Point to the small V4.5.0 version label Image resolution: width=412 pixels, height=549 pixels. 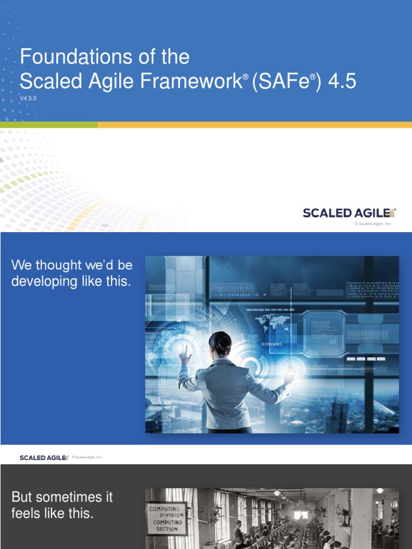tap(28, 99)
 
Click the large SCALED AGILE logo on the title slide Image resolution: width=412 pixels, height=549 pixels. tap(349, 213)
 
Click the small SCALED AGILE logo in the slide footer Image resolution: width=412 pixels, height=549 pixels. tap(44, 457)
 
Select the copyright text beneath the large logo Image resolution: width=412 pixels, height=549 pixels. tap(373, 224)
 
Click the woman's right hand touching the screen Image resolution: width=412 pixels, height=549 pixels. tap(289, 374)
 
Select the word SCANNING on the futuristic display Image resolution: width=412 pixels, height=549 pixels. tap(273, 344)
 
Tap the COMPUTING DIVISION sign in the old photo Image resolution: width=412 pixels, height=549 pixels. tap(167, 518)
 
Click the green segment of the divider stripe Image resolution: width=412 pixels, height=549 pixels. tap(48, 124)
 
